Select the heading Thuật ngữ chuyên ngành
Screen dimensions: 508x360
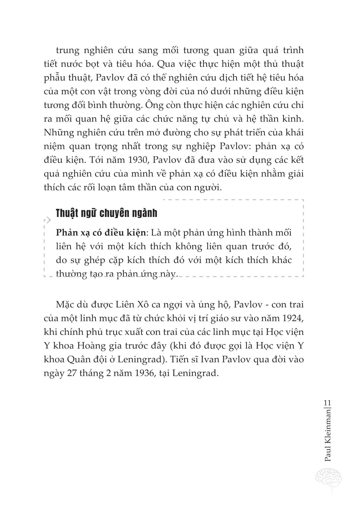click(x=107, y=213)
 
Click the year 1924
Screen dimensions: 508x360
click(x=293, y=318)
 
